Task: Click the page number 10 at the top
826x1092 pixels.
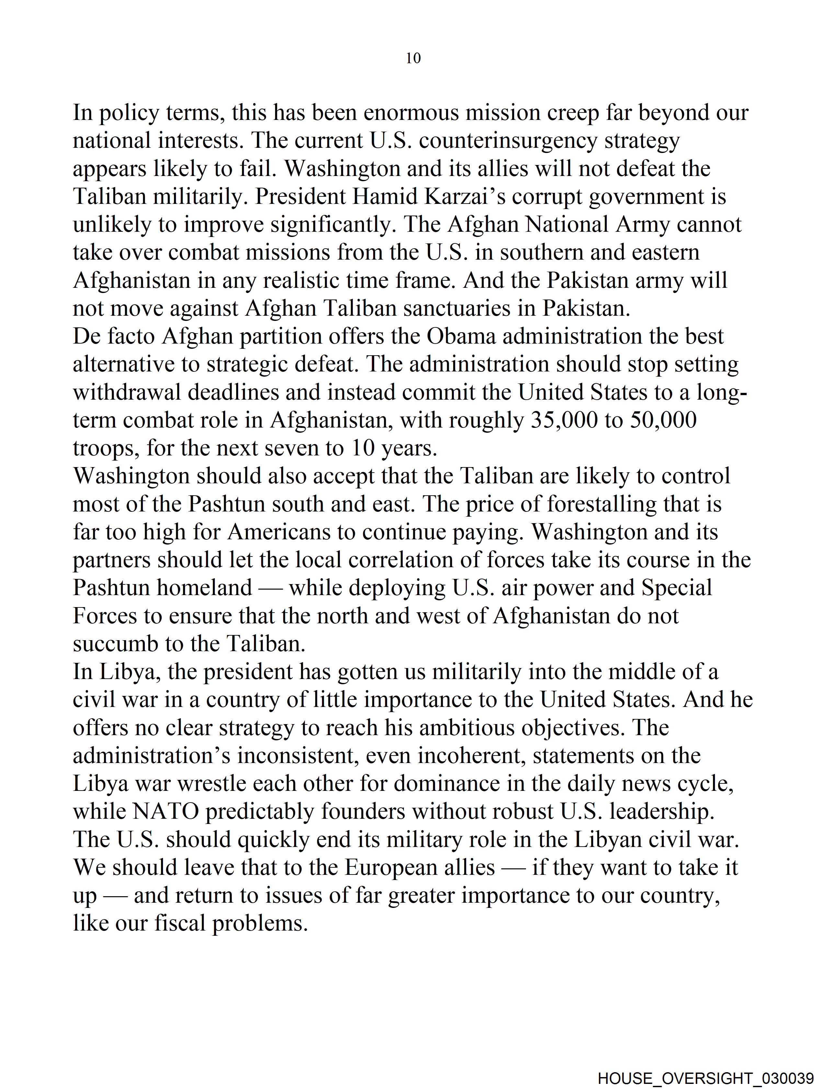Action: tap(413, 58)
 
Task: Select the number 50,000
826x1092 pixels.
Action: tap(663, 420)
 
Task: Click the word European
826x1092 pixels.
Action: tap(419, 867)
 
